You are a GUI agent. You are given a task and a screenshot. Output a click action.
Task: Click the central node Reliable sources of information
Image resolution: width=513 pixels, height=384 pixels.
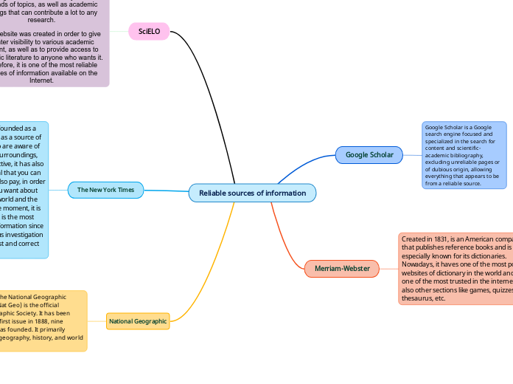(252, 193)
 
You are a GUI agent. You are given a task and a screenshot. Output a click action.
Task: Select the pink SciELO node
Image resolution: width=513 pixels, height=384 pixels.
(150, 32)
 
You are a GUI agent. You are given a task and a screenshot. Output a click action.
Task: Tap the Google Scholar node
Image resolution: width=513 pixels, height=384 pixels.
(369, 154)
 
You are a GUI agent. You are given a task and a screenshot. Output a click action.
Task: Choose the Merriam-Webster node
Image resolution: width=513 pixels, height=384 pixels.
(342, 268)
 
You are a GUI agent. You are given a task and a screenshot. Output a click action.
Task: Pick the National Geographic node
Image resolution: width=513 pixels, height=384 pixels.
(138, 321)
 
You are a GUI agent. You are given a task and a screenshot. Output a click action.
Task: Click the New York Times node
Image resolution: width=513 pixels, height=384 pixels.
(105, 190)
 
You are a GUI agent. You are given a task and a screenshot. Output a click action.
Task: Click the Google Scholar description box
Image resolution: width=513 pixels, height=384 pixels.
(464, 154)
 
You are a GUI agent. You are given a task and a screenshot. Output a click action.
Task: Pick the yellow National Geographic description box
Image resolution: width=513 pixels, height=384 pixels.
(43, 320)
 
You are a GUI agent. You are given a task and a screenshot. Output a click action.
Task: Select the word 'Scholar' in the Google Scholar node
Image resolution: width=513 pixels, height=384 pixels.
(382, 154)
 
